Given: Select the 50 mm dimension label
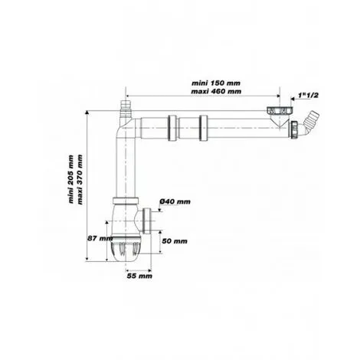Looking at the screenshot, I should [175, 240].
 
